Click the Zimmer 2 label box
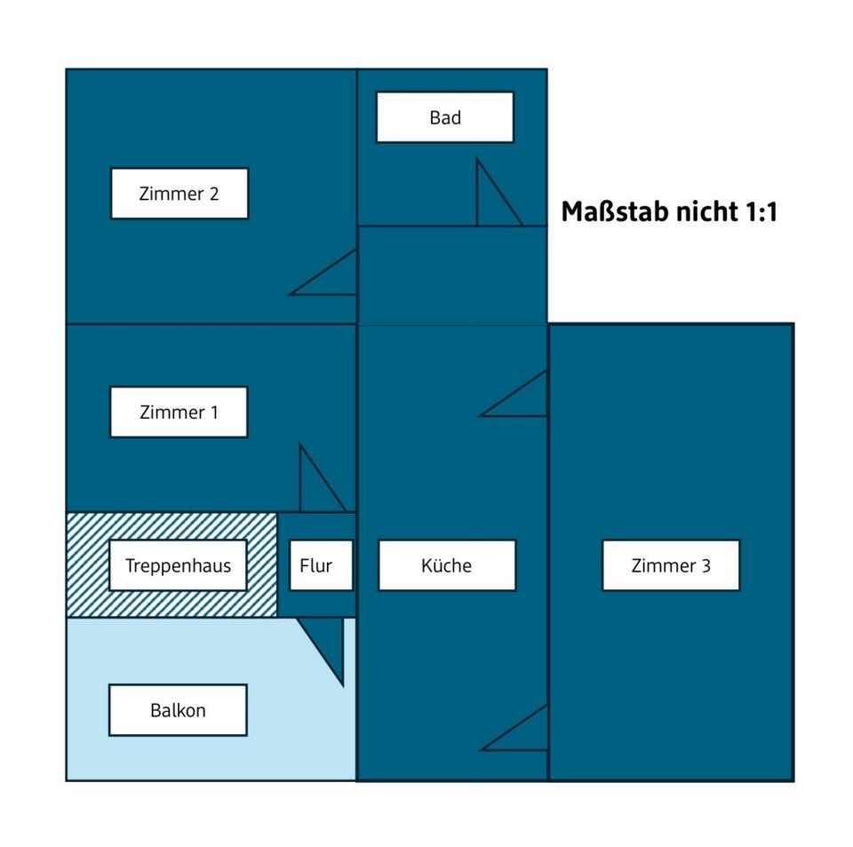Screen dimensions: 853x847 179,194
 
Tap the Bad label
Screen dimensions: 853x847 445,117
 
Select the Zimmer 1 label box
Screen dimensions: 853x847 179,412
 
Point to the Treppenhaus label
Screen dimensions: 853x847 178,565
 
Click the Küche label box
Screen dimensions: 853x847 447,565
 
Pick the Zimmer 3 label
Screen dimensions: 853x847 671,565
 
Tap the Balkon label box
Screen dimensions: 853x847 178,710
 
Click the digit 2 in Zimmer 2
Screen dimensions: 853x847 214,194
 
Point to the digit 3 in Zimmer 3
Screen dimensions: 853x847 706,566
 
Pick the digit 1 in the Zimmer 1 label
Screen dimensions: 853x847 214,412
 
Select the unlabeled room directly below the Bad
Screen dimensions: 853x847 452,275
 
